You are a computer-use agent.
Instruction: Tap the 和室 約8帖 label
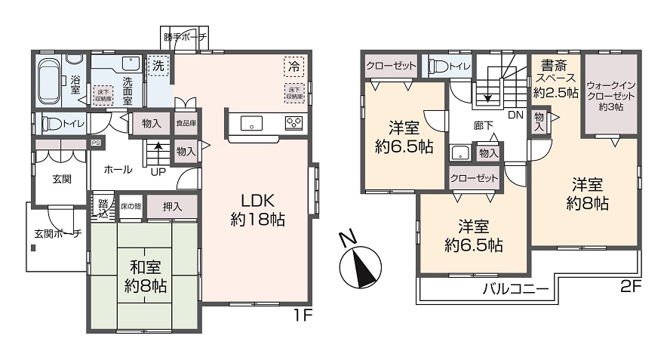[146, 276]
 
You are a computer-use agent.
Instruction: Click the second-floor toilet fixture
[440, 66]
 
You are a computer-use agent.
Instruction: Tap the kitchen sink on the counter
[250, 122]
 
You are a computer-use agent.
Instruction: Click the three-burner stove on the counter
[293, 122]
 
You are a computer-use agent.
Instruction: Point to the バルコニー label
[515, 289]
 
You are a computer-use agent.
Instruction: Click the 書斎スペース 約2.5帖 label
[555, 78]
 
